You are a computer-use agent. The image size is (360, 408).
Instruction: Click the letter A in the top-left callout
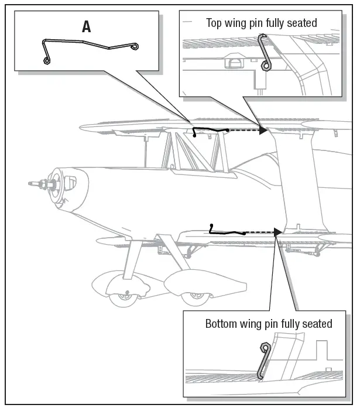click(x=87, y=26)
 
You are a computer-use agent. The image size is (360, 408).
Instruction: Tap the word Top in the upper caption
click(x=214, y=23)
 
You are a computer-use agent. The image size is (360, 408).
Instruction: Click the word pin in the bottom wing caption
click(x=272, y=324)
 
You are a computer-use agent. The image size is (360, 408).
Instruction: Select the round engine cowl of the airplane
click(x=61, y=188)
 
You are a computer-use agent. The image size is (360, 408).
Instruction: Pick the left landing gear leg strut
click(x=134, y=258)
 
